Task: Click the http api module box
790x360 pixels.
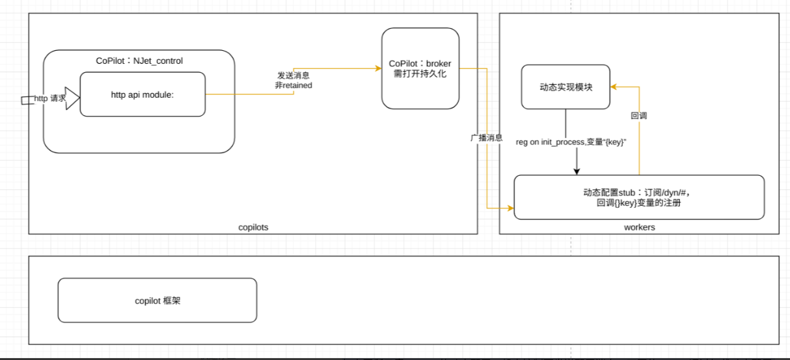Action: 143,94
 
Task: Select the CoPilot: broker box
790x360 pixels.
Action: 420,68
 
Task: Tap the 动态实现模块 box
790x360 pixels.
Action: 565,87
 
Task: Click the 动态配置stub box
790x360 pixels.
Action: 638,197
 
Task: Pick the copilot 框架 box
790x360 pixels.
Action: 157,300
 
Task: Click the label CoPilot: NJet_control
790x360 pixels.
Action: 139,61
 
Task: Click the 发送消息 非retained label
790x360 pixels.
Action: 293,80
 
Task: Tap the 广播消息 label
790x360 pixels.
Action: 486,138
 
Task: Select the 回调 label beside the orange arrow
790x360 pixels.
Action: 638,116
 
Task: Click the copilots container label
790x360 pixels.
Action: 253,227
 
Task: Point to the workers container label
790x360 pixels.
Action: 639,227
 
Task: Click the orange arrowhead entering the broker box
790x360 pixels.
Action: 377,68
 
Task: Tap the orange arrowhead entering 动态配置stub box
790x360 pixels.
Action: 510,208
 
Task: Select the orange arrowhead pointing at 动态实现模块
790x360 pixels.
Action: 614,86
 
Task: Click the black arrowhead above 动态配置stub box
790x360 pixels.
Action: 576,171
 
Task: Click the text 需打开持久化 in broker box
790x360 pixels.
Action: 420,74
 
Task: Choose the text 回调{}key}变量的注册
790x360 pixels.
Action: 638,203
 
